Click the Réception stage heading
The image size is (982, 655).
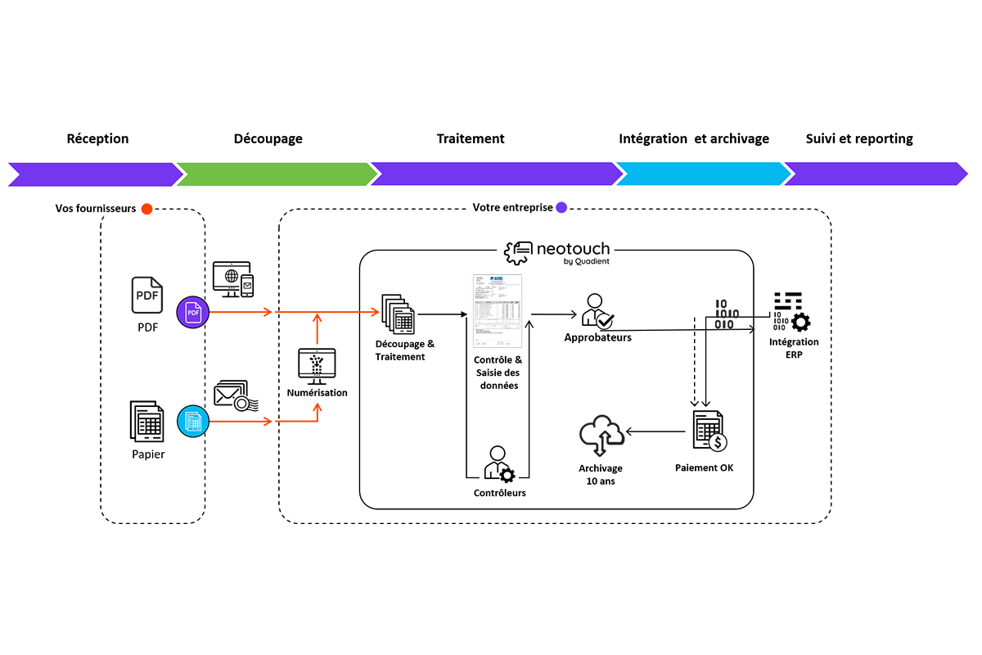point(97,138)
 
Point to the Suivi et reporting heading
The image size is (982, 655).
point(858,138)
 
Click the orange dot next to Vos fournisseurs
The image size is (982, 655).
point(146,209)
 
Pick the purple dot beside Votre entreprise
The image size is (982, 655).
point(561,208)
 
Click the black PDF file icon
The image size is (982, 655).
point(147,295)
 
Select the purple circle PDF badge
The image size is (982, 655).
point(193,312)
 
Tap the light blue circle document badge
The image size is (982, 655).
point(193,422)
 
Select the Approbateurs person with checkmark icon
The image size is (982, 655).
point(597,311)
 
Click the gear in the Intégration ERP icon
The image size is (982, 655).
point(800,322)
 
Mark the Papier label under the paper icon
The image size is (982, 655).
point(148,454)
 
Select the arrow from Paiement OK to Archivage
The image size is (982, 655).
point(655,431)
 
